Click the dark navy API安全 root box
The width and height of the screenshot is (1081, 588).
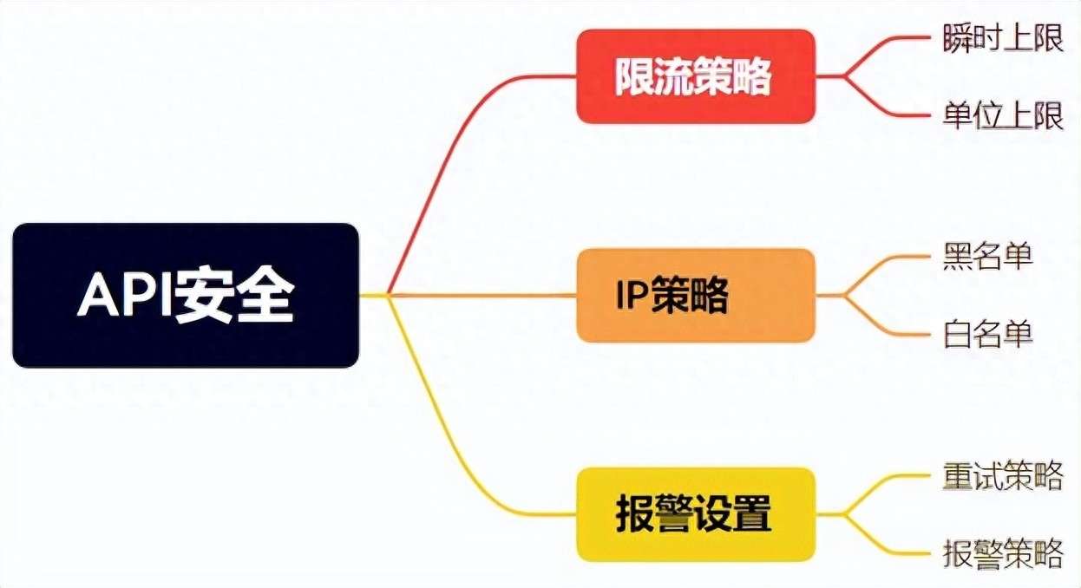(186, 295)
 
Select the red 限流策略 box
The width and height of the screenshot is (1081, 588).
(696, 76)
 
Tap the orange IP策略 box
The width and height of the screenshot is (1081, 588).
(696, 295)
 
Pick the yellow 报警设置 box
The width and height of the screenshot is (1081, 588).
(696, 514)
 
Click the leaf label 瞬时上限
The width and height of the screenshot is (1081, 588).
(1003, 37)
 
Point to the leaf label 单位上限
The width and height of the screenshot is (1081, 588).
(1003, 115)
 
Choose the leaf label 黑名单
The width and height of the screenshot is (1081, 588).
(987, 256)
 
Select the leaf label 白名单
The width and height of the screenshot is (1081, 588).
(987, 334)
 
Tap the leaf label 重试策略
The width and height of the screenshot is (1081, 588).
(1003, 475)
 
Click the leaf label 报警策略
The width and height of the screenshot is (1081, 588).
(1003, 553)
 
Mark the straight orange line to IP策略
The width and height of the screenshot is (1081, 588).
(482, 295)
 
